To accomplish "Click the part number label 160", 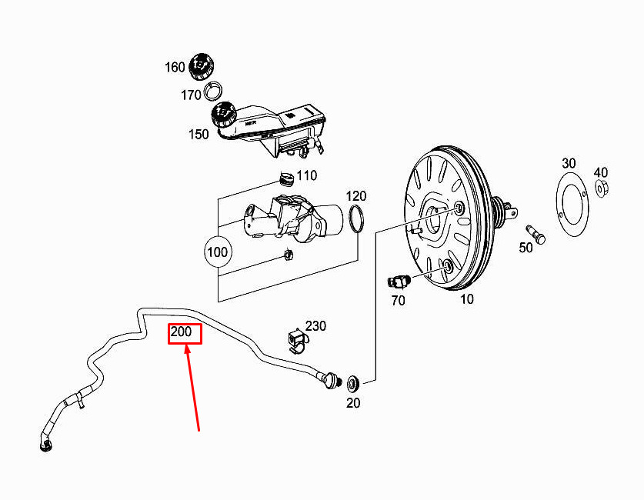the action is (175, 67).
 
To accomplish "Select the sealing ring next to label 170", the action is (214, 90).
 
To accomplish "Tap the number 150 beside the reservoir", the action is (199, 135).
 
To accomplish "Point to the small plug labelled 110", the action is (286, 179).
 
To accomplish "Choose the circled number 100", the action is (218, 252).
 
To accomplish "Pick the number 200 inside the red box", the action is (181, 332).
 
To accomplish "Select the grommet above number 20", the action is (353, 382).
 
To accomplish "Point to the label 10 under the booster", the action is (466, 299).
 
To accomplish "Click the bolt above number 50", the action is (536, 234).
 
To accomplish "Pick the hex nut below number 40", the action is (602, 188).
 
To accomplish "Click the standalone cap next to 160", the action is (202, 66).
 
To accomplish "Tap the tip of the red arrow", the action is (187, 346).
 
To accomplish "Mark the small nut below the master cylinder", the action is (288, 255).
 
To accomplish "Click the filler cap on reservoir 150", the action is (223, 115).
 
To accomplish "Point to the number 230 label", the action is (315, 326).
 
